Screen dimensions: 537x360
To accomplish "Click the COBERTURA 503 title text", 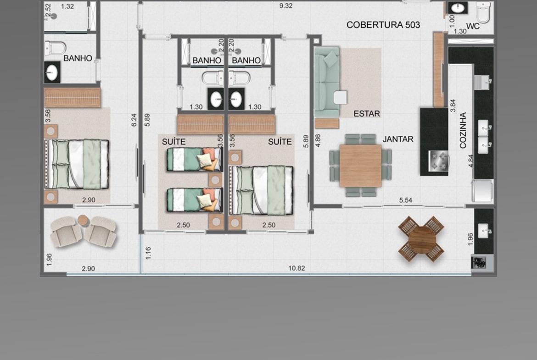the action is [383, 25].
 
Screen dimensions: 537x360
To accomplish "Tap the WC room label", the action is [473, 26].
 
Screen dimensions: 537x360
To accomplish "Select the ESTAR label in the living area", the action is [367, 114].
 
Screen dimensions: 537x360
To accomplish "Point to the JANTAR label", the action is [398, 139].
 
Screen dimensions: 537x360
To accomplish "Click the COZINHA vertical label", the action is [463, 130].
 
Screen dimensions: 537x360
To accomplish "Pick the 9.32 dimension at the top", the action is [285, 6].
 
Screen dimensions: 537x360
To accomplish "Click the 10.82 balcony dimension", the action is [296, 268].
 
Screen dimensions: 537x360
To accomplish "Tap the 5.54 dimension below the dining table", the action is [405, 200].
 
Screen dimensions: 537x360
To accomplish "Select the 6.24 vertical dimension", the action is [134, 120].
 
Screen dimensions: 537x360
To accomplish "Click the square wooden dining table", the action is [361, 166].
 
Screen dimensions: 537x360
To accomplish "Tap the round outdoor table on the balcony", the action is [422, 239].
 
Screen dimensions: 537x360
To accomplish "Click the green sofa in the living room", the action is [327, 83].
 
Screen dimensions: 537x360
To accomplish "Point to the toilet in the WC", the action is [483, 12].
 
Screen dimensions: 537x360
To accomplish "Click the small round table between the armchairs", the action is [83, 220].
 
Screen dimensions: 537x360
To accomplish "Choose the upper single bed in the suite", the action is [194, 159].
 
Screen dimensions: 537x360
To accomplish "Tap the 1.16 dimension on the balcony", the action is [148, 253].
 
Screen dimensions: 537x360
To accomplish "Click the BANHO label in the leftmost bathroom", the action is [78, 58].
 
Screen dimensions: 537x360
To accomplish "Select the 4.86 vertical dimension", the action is [318, 141].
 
